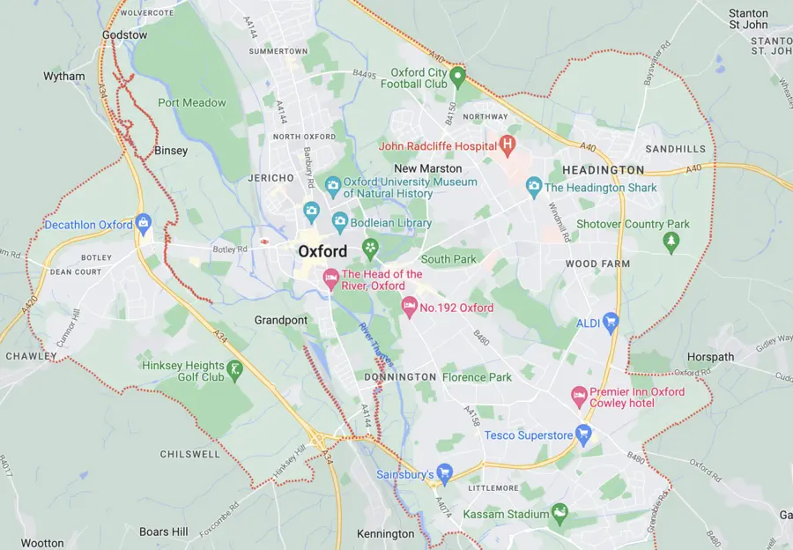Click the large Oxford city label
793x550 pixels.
(x=322, y=251)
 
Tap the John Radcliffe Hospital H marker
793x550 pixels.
(x=507, y=143)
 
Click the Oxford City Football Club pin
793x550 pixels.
(x=457, y=76)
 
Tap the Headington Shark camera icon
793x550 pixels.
(x=533, y=186)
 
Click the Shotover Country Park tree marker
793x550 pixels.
(x=671, y=241)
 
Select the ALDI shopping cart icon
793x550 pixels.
(x=611, y=323)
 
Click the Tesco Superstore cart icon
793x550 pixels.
(x=583, y=433)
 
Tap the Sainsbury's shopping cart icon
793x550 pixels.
(x=444, y=473)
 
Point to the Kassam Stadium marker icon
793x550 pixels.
(x=559, y=513)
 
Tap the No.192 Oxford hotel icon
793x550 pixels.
(x=409, y=306)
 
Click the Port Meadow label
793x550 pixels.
(x=192, y=102)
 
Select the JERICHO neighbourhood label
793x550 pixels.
(x=271, y=178)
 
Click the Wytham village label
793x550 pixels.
(x=64, y=77)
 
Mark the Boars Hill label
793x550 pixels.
(x=163, y=531)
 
